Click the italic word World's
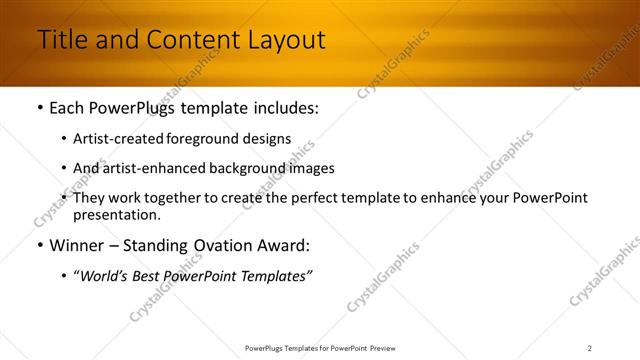pos(106,276)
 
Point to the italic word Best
pos(150,276)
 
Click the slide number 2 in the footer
pos(589,348)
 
